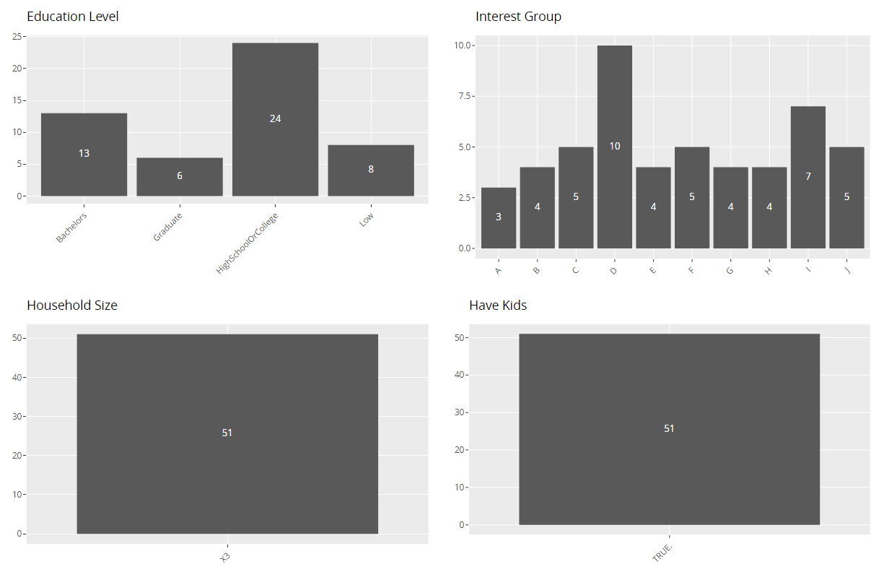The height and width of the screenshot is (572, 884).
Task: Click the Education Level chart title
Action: click(x=73, y=17)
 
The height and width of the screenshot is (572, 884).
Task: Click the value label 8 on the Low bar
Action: click(x=371, y=169)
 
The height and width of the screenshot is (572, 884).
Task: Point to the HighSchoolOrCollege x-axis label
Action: click(x=247, y=243)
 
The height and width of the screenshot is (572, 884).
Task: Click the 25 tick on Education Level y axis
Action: click(x=17, y=36)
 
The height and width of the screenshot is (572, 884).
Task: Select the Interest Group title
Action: click(x=518, y=17)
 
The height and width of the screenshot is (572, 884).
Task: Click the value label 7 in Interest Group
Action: click(x=808, y=176)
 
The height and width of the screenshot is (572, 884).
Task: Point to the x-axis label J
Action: click(x=846, y=270)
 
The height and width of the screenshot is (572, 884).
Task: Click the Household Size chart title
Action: click(x=71, y=305)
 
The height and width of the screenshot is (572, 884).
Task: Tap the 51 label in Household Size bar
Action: click(x=227, y=433)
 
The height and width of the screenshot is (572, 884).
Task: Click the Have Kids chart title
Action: click(x=498, y=305)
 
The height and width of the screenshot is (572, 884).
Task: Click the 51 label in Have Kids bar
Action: click(x=669, y=428)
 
